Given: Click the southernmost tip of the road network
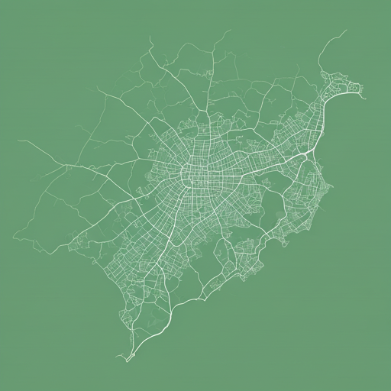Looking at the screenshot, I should [x=125, y=358].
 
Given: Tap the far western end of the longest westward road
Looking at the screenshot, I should [x=18, y=141].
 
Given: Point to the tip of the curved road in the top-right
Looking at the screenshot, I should [x=346, y=31].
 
